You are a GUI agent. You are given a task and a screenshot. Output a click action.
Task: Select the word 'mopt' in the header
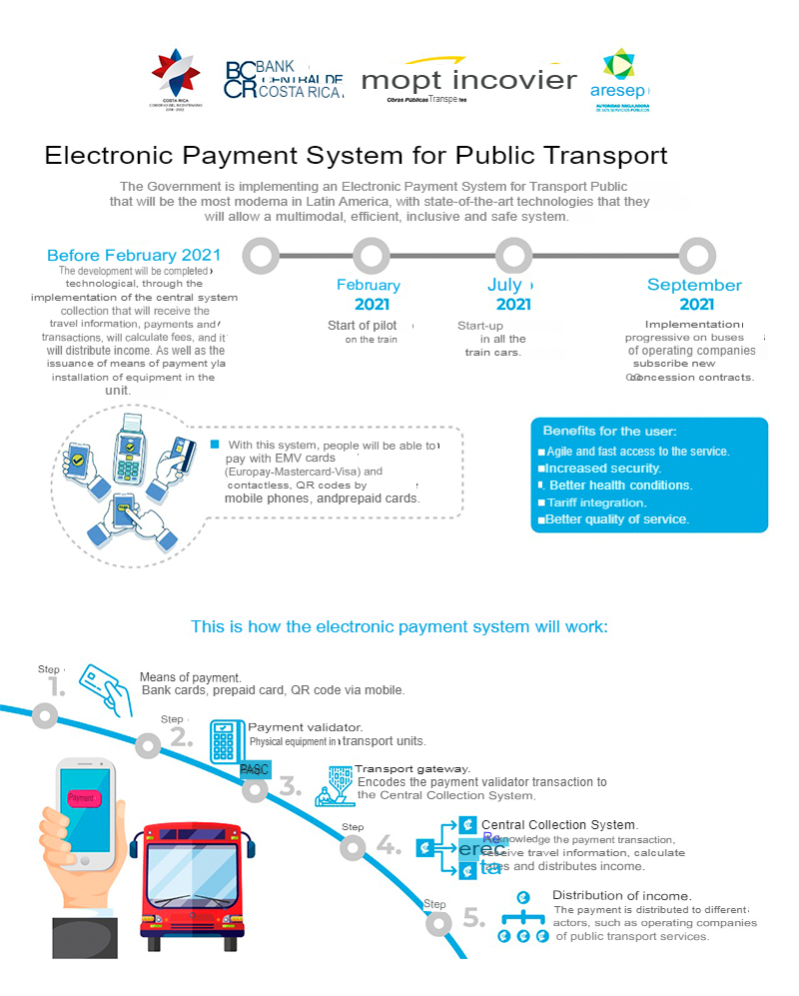pyautogui.click(x=404, y=80)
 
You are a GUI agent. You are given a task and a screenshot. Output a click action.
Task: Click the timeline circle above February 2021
pyautogui.click(x=372, y=256)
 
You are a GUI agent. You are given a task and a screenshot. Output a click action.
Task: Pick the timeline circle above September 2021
pyautogui.click(x=697, y=256)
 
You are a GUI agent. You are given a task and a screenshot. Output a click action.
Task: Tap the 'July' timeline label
pyautogui.click(x=504, y=285)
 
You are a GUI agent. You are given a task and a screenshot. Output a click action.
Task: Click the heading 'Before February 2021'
pyautogui.click(x=133, y=255)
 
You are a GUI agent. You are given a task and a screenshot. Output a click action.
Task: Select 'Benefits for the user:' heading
pyautogui.click(x=609, y=431)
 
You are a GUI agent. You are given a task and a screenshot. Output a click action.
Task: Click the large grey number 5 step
pyautogui.click(x=474, y=918)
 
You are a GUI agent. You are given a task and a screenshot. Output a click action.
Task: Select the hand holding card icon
pyautogui.click(x=106, y=684)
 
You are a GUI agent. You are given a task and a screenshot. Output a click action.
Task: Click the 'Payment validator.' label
pyautogui.click(x=305, y=727)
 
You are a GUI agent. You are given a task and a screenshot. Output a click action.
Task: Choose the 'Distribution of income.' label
pyautogui.click(x=621, y=895)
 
